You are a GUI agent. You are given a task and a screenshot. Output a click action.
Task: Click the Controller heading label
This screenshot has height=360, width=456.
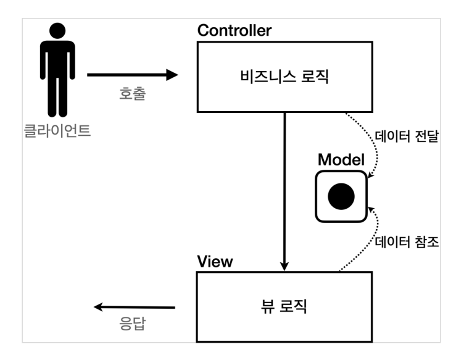pyautogui.click(x=234, y=31)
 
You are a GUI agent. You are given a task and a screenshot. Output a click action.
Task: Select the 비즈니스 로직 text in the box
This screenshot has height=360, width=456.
pyautogui.click(x=284, y=77)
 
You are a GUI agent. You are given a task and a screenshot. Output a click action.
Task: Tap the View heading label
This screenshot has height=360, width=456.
pyautogui.click(x=215, y=261)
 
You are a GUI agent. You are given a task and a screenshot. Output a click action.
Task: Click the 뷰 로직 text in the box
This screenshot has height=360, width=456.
pyautogui.click(x=284, y=306)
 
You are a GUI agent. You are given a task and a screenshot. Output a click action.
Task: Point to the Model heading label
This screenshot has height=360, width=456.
pyautogui.click(x=341, y=159)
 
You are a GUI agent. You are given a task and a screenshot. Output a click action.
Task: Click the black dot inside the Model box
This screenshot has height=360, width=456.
pyautogui.click(x=341, y=197)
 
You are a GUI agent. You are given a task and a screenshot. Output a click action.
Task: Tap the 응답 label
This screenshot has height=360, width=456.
pyautogui.click(x=133, y=324)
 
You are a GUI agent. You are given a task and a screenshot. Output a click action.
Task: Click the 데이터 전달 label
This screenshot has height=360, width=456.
pyautogui.click(x=407, y=136)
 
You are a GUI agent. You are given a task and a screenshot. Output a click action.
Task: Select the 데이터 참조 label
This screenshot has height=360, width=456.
pyautogui.click(x=407, y=241)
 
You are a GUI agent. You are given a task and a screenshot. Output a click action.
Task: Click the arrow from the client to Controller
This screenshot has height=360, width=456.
pyautogui.click(x=130, y=75)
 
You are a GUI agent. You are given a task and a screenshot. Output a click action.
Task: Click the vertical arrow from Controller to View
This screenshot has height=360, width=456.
pyautogui.click(x=284, y=185)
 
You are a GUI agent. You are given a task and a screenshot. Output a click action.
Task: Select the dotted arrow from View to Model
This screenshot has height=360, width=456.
pyautogui.click(x=364, y=241)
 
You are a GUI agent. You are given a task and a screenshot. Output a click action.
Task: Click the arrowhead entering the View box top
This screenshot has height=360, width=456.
pyautogui.click(x=284, y=265)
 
